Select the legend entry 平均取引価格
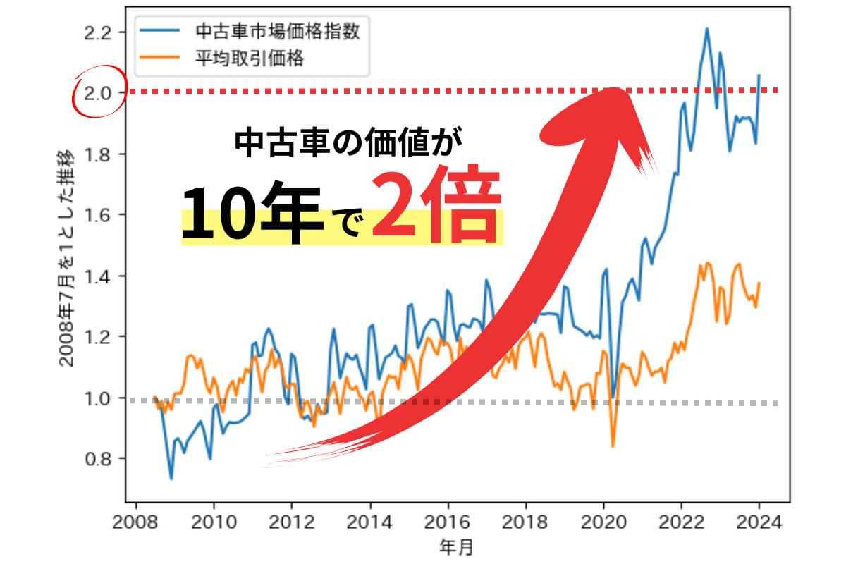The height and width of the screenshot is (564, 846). click(240, 59)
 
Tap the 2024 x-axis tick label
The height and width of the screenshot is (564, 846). click(759, 524)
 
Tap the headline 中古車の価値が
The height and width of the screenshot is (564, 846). click(349, 142)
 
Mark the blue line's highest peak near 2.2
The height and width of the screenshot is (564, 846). click(706, 29)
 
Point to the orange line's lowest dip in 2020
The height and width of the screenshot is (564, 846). click(613, 446)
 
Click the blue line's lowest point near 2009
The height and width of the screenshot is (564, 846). click(171, 479)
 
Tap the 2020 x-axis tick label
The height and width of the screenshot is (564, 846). click(603, 524)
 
